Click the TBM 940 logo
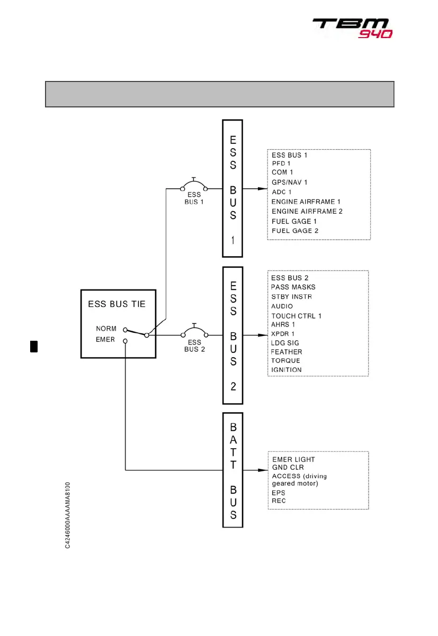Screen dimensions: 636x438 pyautogui.click(x=352, y=28)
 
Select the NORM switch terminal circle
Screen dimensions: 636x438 pyautogui.click(x=125, y=329)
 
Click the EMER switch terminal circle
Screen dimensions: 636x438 pyautogui.click(x=125, y=341)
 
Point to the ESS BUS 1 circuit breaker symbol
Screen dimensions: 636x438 pyautogui.click(x=194, y=186)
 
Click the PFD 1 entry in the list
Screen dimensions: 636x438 pyautogui.click(x=282, y=163)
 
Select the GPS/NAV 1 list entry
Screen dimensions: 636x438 pyautogui.click(x=289, y=182)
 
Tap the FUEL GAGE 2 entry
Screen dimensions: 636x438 pyautogui.click(x=295, y=231)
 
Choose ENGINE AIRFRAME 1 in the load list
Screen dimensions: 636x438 pyautogui.click(x=306, y=202)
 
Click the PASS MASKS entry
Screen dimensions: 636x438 pyautogui.click(x=293, y=287)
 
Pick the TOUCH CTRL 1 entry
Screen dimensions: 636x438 pyautogui.click(x=296, y=316)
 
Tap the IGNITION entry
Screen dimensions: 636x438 pyautogui.click(x=286, y=370)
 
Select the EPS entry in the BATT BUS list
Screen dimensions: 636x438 pyautogui.click(x=279, y=493)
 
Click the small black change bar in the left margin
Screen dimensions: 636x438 pyautogui.click(x=33, y=346)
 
